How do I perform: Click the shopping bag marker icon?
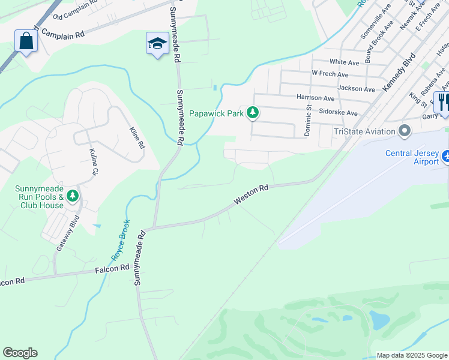tap(26, 41)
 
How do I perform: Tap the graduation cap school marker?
tap(157, 44)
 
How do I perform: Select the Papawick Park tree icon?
tap(253, 112)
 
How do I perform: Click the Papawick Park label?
tap(215, 113)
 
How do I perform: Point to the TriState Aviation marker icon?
tap(405, 131)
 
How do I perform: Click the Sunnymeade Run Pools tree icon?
tap(73, 196)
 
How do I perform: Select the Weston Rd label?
tap(251, 195)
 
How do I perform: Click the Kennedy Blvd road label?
tap(399, 71)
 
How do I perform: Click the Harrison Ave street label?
tap(315, 97)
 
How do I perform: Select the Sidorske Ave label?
tap(338, 112)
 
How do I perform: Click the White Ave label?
tap(344, 62)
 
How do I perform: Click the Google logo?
tap(20, 353)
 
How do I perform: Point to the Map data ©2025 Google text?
tap(411, 355)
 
